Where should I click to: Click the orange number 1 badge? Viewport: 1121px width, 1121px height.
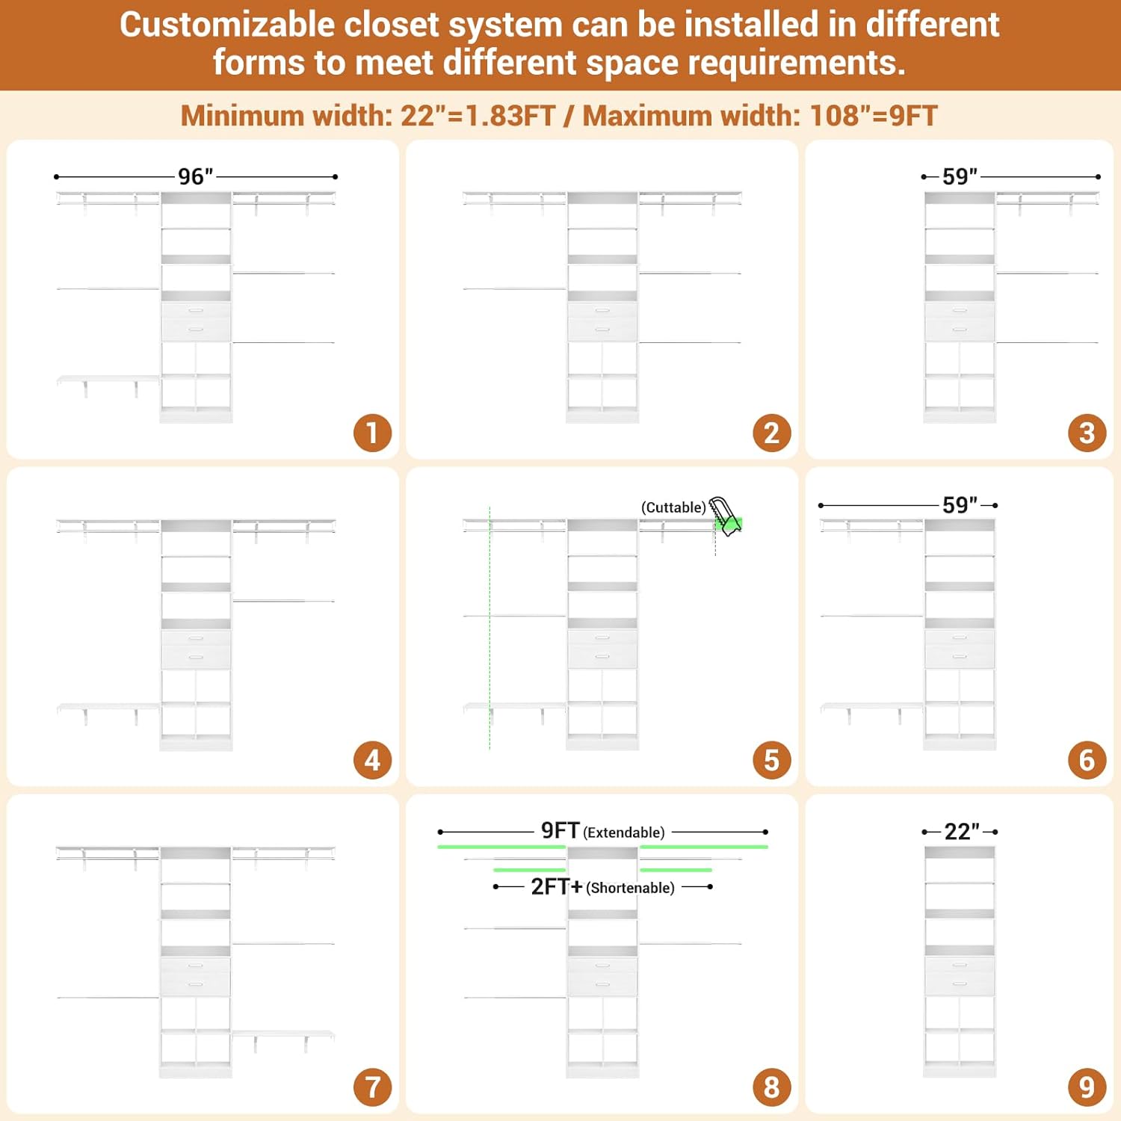(372, 433)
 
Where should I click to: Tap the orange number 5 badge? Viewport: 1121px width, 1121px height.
(772, 760)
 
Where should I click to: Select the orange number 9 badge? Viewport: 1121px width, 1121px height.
(1087, 1087)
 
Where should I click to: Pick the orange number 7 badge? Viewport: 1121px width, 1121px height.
(372, 1087)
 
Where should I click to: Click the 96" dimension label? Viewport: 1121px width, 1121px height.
(196, 176)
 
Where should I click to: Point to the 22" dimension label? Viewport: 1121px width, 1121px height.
(962, 831)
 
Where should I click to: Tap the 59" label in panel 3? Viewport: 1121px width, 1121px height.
(960, 176)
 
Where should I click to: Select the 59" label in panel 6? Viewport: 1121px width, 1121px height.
(960, 504)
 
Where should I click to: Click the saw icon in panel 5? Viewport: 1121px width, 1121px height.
(725, 516)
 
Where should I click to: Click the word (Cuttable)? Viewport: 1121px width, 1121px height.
(673, 507)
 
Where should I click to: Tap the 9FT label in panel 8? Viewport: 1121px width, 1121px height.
(560, 830)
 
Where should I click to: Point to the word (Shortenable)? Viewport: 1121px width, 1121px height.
(630, 888)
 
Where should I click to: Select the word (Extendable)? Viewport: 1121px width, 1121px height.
(623, 833)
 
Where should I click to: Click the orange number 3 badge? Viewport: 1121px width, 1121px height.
(1087, 433)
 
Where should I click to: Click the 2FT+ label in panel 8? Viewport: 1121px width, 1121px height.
(557, 886)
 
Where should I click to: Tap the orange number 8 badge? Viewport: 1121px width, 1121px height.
(772, 1087)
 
